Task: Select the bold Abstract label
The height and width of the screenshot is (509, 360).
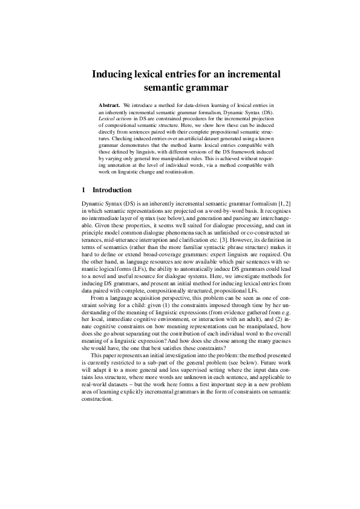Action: pos(110,106)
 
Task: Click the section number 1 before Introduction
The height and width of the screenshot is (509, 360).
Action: pos(83,189)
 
